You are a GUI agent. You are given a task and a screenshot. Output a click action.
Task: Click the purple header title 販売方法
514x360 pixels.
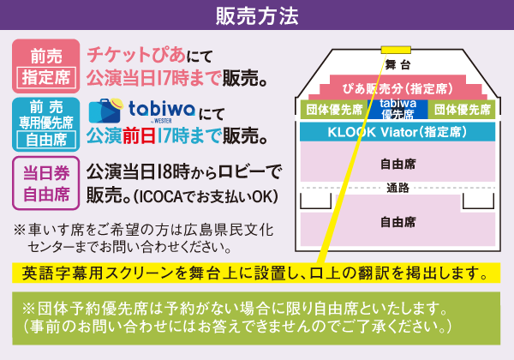click(257, 15)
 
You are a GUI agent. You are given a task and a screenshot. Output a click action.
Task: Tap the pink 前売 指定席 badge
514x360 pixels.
click(46, 66)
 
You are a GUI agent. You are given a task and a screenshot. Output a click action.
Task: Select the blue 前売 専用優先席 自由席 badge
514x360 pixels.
click(46, 124)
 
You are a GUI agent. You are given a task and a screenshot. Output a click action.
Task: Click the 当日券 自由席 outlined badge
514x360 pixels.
click(46, 183)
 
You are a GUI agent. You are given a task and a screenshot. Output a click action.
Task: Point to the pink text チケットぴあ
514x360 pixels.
click(136, 54)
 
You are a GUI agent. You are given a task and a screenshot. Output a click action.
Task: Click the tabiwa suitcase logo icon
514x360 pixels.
click(105, 111)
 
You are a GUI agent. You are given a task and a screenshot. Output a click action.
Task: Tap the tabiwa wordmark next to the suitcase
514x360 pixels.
click(162, 110)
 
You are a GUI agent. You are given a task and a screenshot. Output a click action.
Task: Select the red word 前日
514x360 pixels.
click(139, 136)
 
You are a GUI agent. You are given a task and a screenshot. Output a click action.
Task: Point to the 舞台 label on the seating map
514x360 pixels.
click(397, 64)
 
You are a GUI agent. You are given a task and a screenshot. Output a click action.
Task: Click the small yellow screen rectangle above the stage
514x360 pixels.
click(396, 50)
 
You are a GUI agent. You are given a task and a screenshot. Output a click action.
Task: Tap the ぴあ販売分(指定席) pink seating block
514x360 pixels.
click(397, 88)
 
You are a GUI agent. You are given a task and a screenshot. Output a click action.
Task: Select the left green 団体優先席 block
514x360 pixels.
click(334, 110)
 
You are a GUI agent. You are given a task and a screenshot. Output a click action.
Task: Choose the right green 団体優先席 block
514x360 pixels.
click(463, 110)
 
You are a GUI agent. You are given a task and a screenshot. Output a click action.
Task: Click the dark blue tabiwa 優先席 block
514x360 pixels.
click(398, 109)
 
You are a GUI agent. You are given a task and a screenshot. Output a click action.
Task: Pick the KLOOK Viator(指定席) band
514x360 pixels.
click(397, 132)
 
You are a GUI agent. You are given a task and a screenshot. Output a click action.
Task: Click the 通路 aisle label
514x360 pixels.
click(398, 188)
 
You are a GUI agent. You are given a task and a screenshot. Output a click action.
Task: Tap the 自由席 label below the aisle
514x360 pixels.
click(398, 222)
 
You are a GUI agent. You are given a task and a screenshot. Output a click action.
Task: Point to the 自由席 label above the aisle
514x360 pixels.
click(398, 164)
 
